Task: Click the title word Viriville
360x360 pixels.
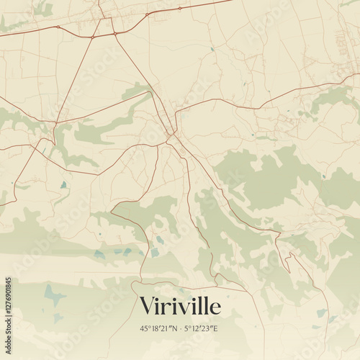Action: (x=180, y=305)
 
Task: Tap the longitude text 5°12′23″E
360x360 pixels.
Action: (x=202, y=328)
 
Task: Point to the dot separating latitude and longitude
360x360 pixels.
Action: (x=181, y=328)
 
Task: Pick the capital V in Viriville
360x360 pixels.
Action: (x=148, y=305)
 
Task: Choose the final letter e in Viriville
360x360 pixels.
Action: (x=215, y=307)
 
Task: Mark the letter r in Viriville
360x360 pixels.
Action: (x=168, y=307)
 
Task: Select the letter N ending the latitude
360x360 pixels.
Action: (x=175, y=328)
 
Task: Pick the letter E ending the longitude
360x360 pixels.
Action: (x=216, y=328)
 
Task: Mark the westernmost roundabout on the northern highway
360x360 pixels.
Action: (x=58, y=27)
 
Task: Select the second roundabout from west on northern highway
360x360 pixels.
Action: (x=92, y=36)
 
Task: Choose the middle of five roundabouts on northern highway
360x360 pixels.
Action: (x=114, y=33)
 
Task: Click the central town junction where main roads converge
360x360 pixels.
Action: (x=170, y=134)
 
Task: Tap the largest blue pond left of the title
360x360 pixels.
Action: (x=52, y=294)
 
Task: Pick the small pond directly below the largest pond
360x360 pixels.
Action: (x=57, y=317)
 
